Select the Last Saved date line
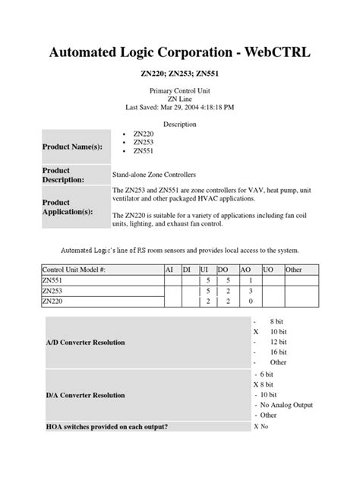click(x=179, y=108)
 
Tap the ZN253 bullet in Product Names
click(x=143, y=141)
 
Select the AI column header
click(x=169, y=270)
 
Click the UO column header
click(x=267, y=270)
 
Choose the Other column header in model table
click(x=294, y=270)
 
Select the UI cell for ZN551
click(x=206, y=280)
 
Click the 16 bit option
click(x=278, y=352)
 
